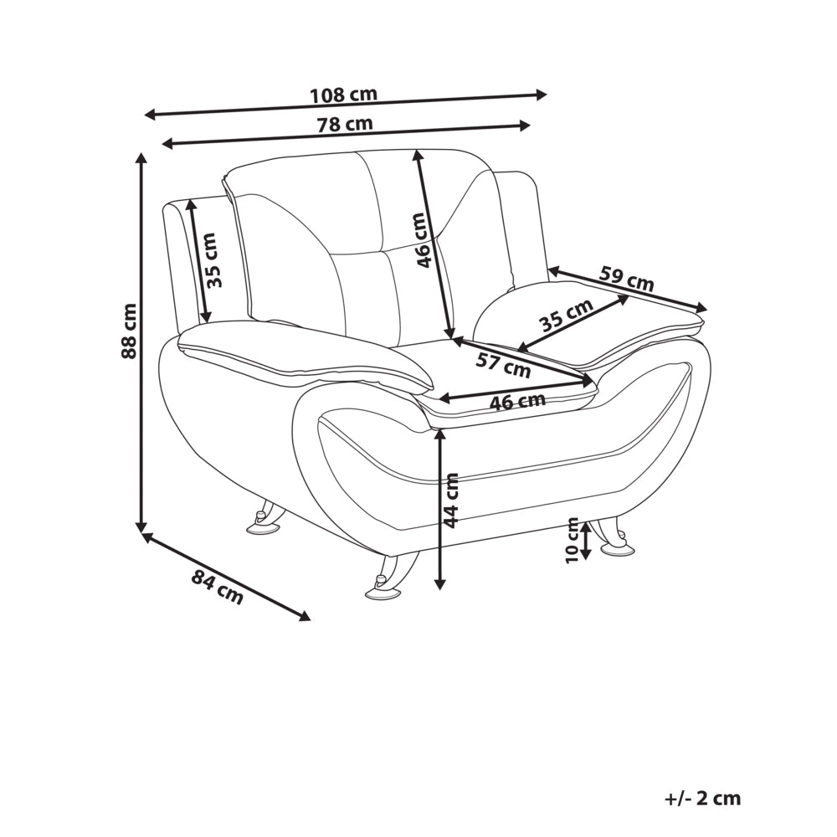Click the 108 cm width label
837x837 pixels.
(344, 95)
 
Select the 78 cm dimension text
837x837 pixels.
(345, 125)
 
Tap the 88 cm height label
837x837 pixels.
(129, 331)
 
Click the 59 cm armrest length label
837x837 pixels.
(627, 278)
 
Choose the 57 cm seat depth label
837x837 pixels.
(503, 365)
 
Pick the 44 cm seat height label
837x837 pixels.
(451, 501)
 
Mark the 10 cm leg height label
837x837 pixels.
(573, 540)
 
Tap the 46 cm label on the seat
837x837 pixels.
(517, 402)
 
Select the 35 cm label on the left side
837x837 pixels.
(214, 260)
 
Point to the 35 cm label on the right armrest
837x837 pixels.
(565, 316)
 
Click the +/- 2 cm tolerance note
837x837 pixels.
(703, 798)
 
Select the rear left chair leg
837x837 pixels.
(266, 516)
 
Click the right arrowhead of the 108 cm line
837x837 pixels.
(542, 95)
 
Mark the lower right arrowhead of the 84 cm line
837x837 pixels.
(305, 617)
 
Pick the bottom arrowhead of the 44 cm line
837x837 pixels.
(440, 584)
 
